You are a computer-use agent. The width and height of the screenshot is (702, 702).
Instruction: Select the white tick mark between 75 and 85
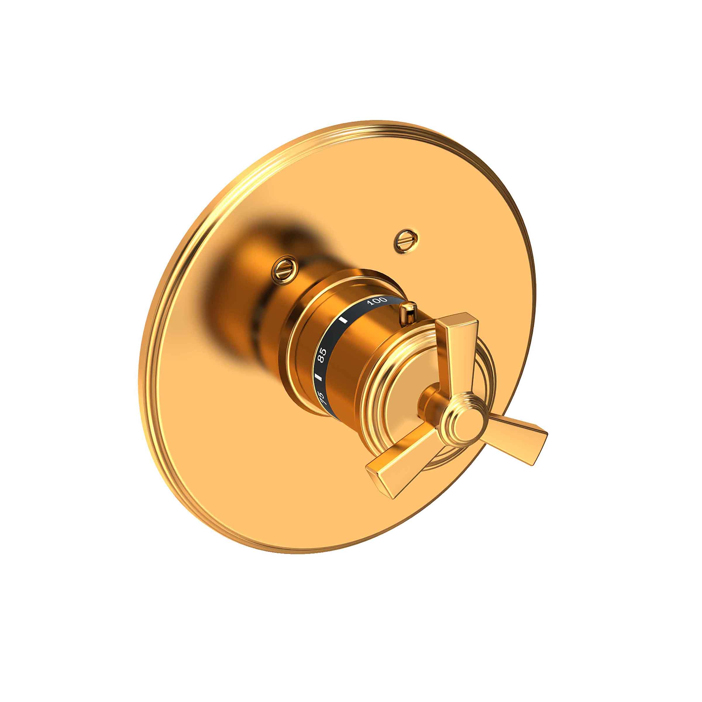[x=319, y=377]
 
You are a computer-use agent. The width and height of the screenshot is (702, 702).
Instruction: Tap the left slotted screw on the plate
[x=285, y=269]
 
